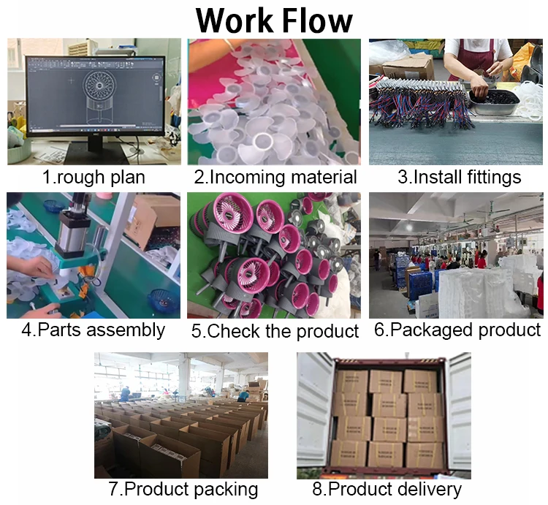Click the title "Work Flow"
274,20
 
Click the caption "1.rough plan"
93,177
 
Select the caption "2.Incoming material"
275,177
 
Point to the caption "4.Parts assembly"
93,330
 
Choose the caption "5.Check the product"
275,331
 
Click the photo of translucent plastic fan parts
274,102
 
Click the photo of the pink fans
274,255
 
